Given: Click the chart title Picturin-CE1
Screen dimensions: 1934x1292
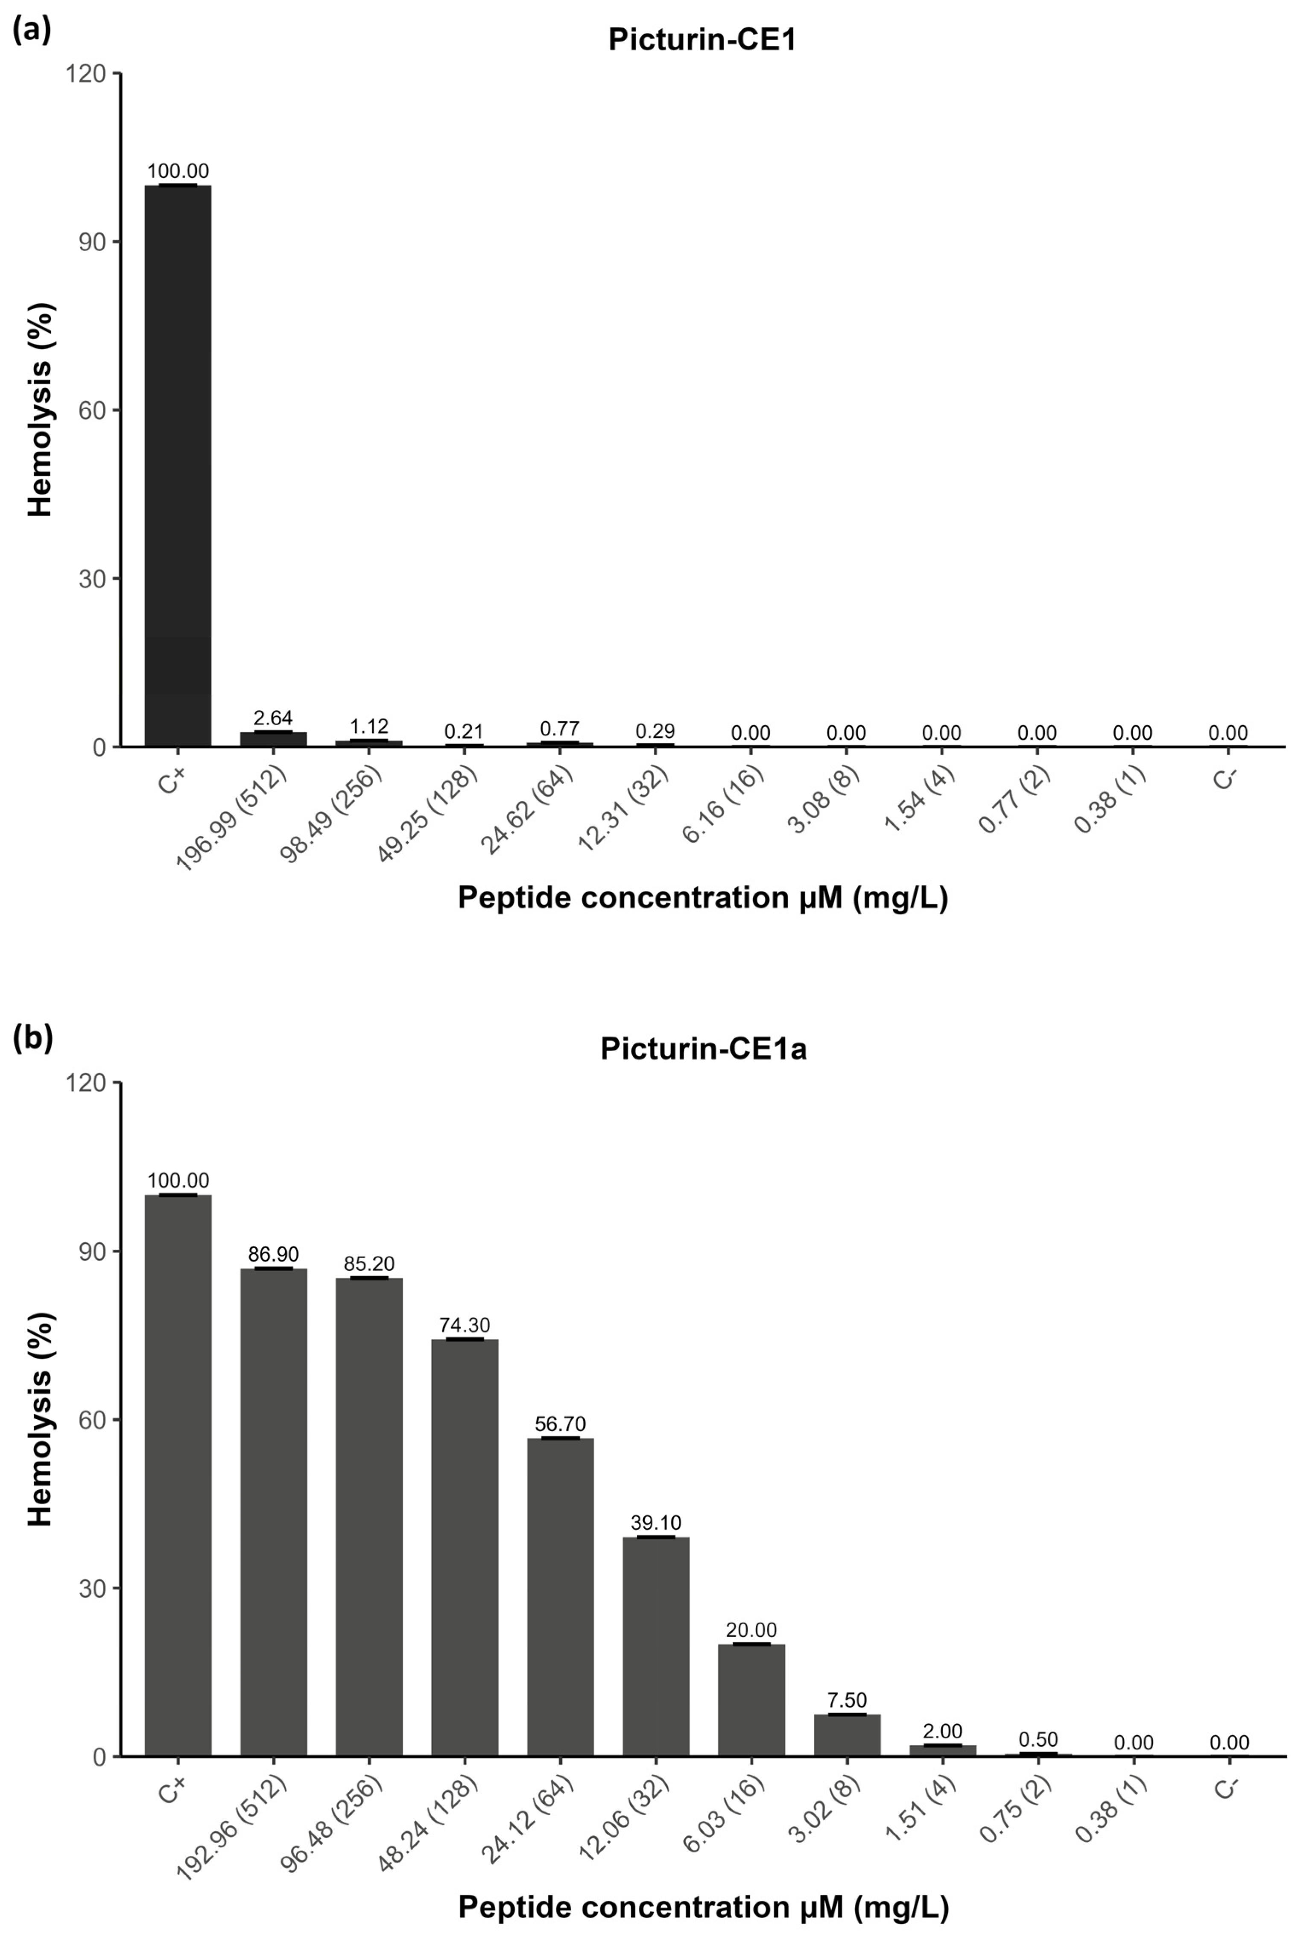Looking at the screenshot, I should pyautogui.click(x=702, y=40).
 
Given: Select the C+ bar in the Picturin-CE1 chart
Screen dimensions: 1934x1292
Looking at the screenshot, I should pyautogui.click(x=178, y=466).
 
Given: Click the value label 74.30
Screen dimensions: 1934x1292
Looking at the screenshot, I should pyautogui.click(x=465, y=1325).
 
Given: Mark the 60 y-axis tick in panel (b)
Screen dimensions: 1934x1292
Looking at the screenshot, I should pyautogui.click(x=92, y=1419).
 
